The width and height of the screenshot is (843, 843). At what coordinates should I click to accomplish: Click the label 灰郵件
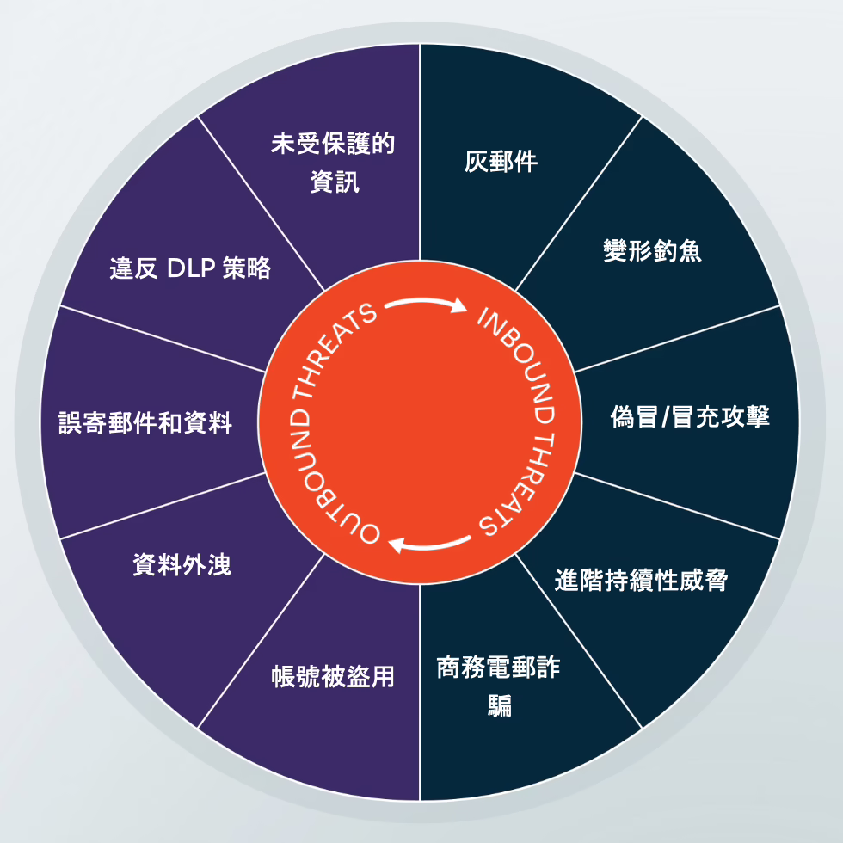(x=501, y=162)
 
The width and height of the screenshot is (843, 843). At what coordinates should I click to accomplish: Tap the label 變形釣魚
(x=652, y=250)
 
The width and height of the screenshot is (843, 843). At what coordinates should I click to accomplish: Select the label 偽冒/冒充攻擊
(x=690, y=416)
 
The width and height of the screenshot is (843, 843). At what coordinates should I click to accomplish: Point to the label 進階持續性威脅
(x=642, y=580)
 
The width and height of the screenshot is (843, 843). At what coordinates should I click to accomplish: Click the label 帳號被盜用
(x=333, y=676)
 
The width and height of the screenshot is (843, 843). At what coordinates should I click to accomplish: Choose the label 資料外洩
(x=182, y=564)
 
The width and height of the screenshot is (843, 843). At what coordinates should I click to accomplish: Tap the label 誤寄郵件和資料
(x=145, y=422)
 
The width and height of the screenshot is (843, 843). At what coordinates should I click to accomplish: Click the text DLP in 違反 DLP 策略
(x=191, y=268)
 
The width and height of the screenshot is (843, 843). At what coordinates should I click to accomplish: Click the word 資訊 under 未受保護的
(x=335, y=182)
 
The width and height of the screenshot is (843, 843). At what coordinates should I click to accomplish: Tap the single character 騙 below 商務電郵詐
(x=500, y=706)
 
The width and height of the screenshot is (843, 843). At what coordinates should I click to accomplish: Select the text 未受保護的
(x=333, y=144)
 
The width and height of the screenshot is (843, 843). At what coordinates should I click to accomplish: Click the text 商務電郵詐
(x=498, y=668)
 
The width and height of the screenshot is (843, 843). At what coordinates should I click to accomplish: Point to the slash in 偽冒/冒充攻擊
(x=665, y=417)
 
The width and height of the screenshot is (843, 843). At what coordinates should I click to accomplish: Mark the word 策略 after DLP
(x=248, y=268)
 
